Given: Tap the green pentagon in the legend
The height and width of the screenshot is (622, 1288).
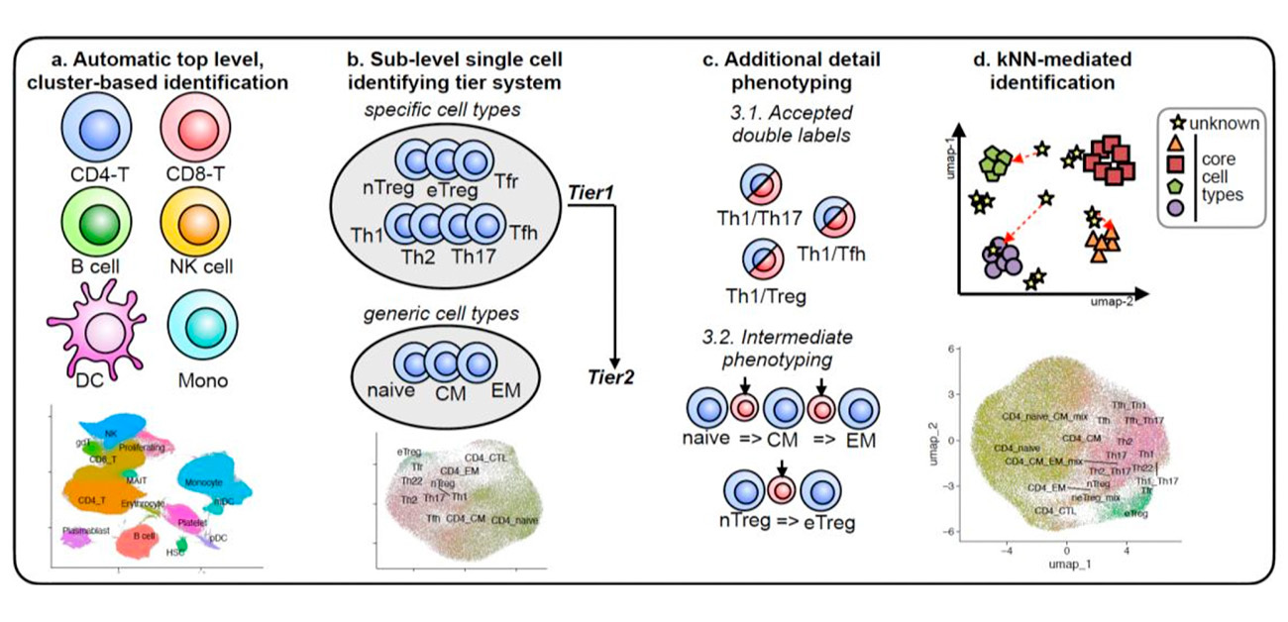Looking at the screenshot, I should pos(1175,185).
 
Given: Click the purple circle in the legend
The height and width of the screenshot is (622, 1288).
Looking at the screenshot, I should pos(1175,207).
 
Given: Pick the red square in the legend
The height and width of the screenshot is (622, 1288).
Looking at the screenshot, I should pos(1176,162).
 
